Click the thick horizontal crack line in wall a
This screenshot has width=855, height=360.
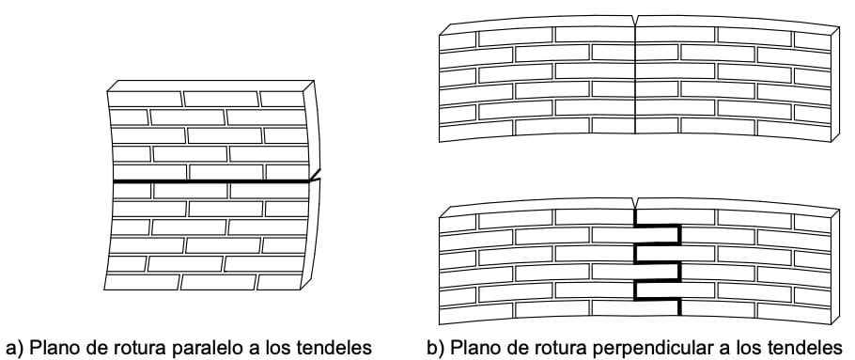[x=211, y=180]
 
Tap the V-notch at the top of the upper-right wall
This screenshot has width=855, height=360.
[x=636, y=22]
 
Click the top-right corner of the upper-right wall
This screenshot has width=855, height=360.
[x=835, y=28]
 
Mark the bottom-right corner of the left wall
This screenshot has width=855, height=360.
[x=313, y=287]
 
